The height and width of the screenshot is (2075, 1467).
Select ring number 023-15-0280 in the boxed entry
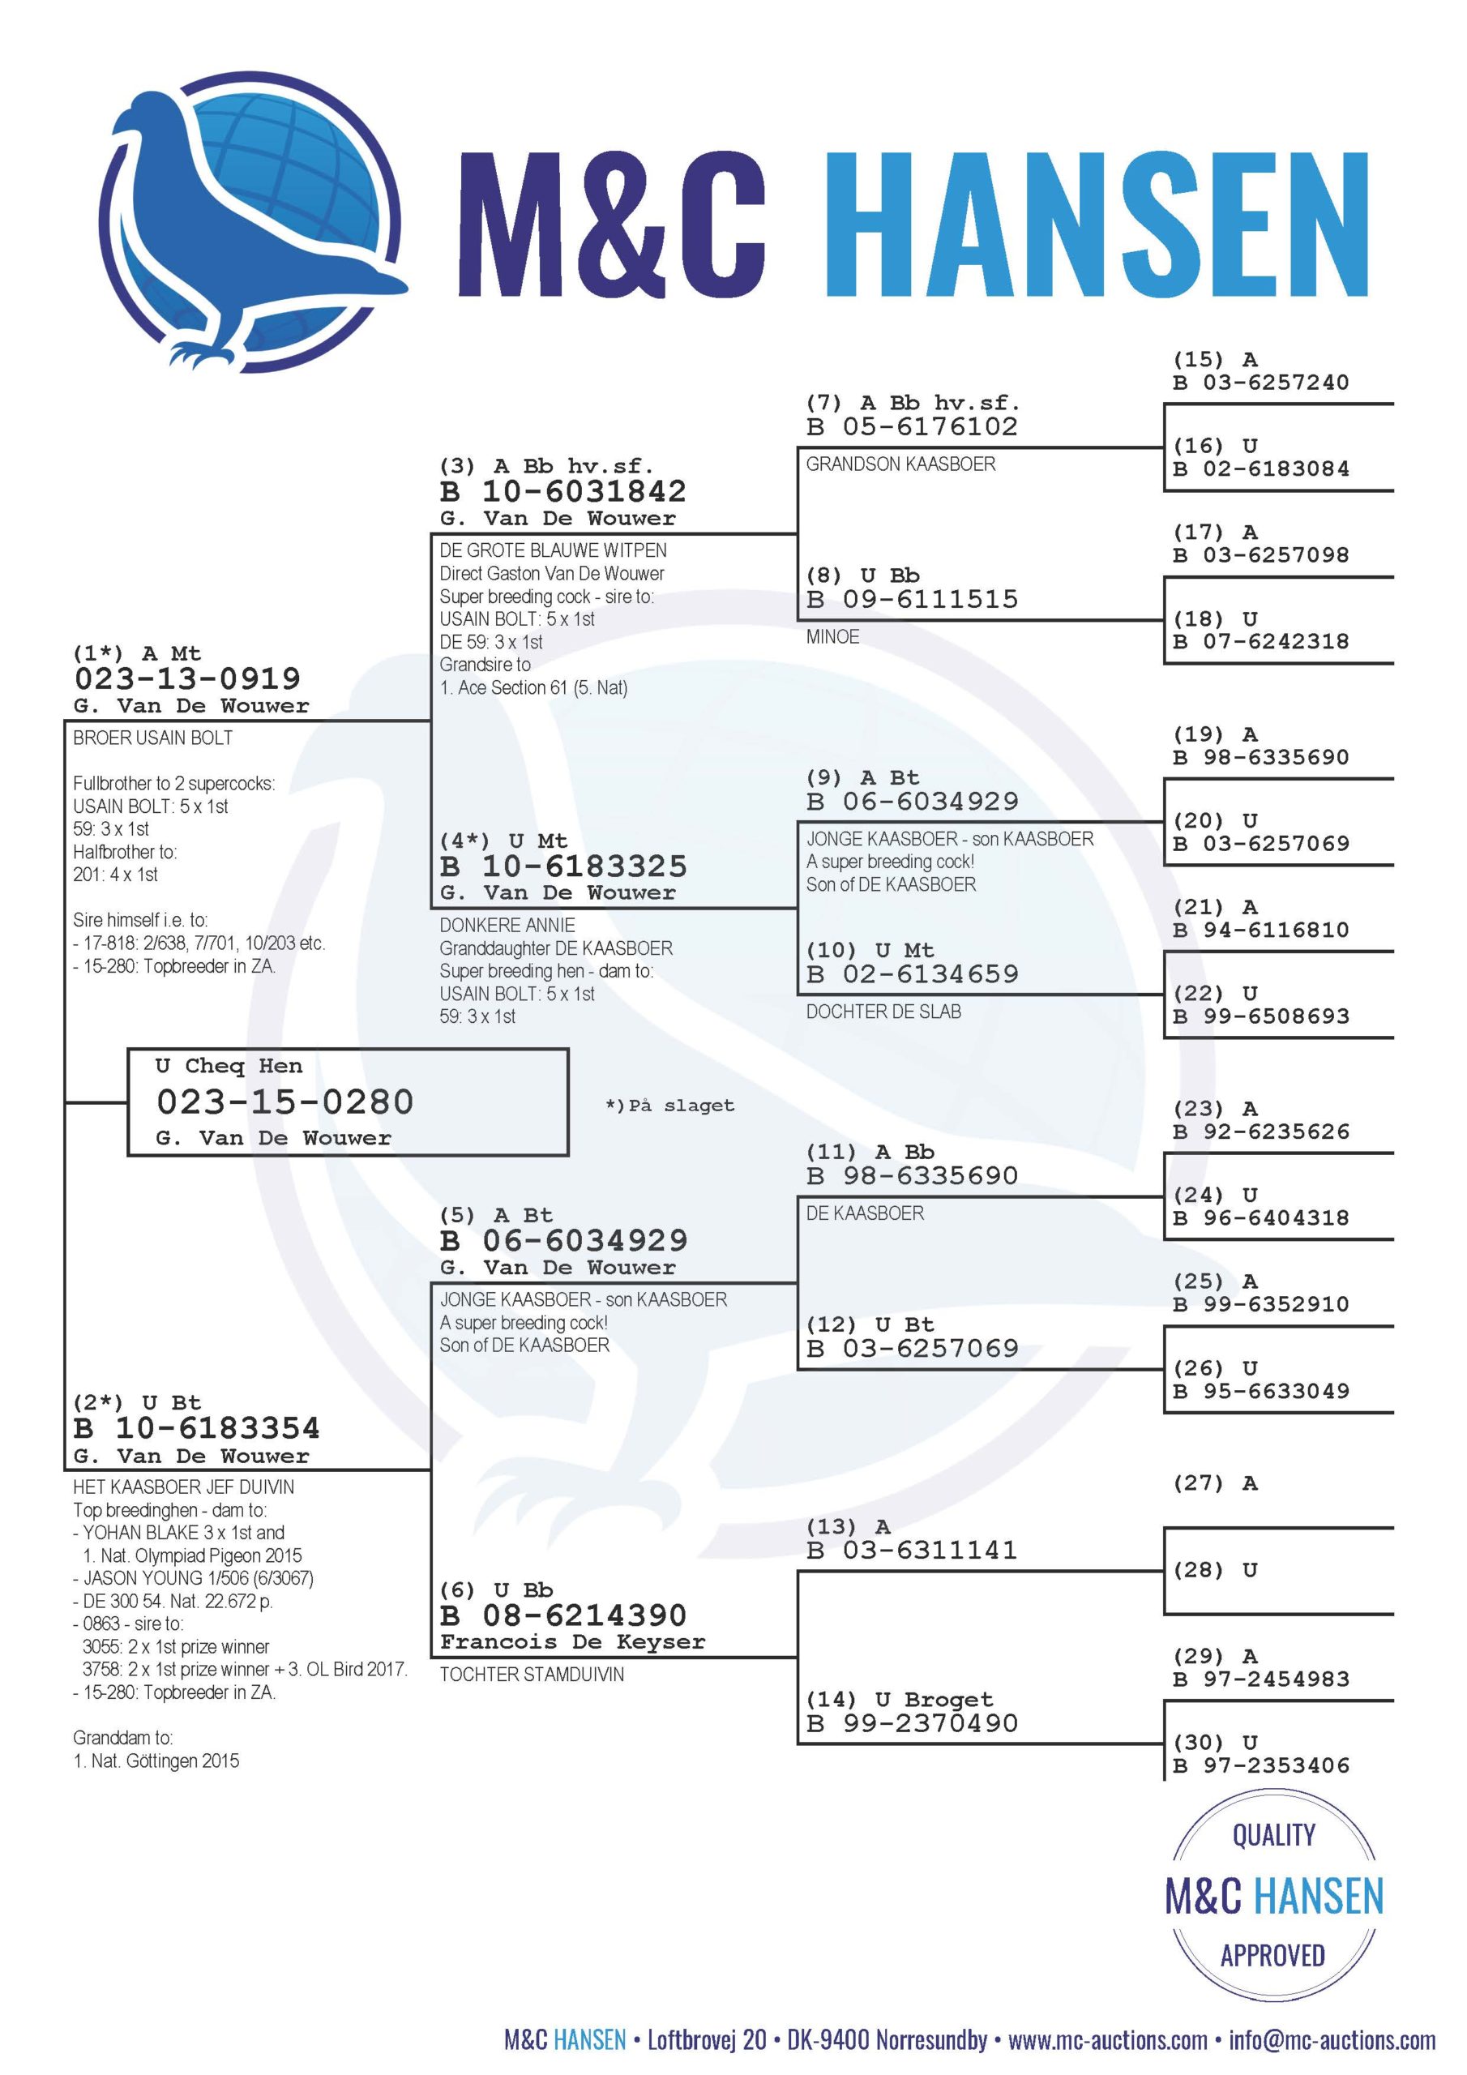coord(284,1102)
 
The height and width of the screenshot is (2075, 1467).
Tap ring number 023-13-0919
coord(187,678)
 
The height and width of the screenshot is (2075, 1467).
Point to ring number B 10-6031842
coord(562,492)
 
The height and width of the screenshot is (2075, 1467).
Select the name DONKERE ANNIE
coord(507,926)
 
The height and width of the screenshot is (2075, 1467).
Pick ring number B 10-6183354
coord(196,1428)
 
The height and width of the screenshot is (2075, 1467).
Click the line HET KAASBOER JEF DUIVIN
coord(182,1487)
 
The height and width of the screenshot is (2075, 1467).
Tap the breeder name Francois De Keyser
coord(572,1641)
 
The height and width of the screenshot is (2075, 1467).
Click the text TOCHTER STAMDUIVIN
coord(532,1675)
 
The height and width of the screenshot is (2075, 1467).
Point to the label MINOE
coord(832,637)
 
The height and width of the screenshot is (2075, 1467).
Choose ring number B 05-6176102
coord(912,426)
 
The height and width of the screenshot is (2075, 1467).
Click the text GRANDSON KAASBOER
coord(900,464)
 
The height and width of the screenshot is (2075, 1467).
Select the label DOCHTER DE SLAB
coord(883,1012)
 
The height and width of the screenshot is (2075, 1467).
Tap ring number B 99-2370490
coord(912,1723)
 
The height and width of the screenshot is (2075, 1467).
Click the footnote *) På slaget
coord(669,1106)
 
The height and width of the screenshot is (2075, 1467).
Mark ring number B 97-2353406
coord(1260,1765)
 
